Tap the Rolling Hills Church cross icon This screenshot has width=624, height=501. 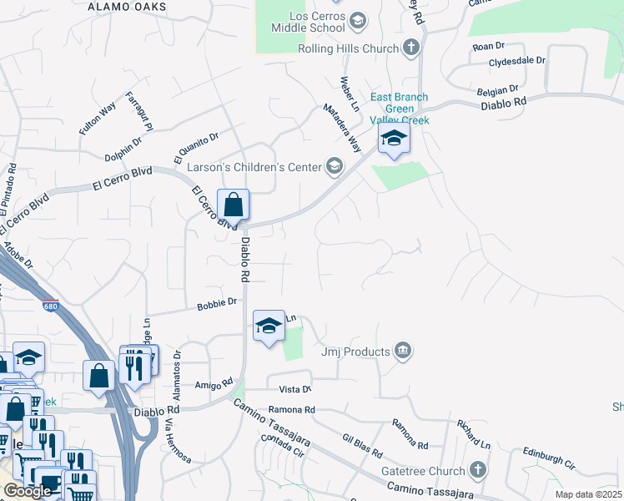(x=411, y=48)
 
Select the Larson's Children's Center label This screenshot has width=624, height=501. (x=254, y=167)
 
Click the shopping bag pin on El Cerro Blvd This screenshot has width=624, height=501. (x=234, y=205)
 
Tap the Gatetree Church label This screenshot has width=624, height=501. (x=422, y=470)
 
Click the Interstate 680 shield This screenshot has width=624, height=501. (x=51, y=306)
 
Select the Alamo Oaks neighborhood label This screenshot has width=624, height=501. (x=127, y=6)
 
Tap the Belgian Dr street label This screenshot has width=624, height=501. (x=491, y=88)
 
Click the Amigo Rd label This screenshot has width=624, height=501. (x=212, y=386)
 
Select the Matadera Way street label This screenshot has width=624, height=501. (x=343, y=128)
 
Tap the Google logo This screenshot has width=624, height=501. (x=28, y=491)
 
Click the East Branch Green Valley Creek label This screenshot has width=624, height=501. (x=400, y=109)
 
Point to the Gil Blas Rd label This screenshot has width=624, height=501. (x=363, y=446)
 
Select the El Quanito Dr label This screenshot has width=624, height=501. (x=196, y=147)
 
